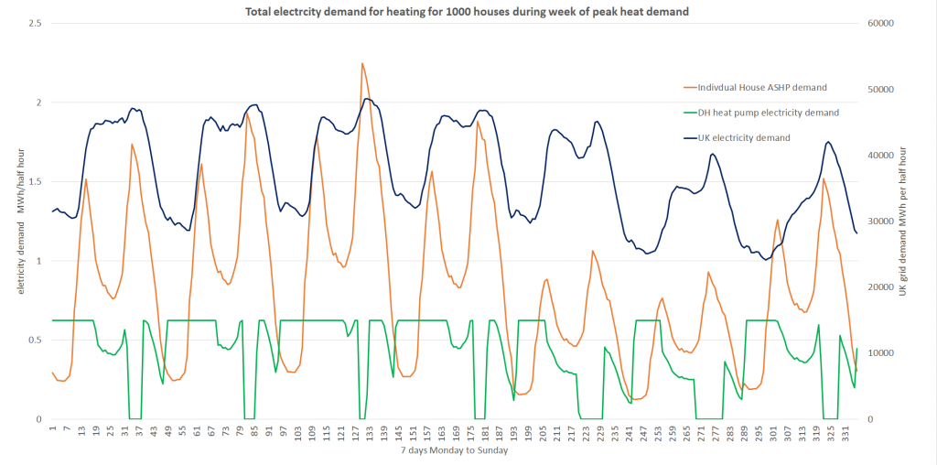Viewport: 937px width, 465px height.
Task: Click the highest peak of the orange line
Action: tap(362, 63)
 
